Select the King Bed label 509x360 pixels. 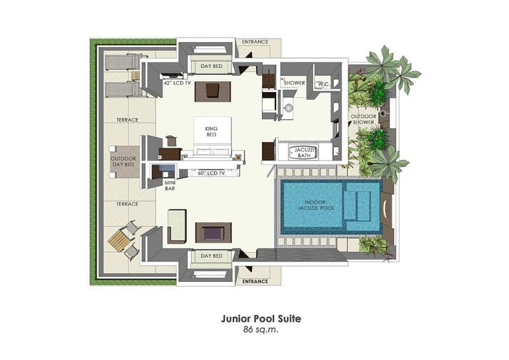coord(211,132)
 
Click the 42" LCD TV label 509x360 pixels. coord(177,83)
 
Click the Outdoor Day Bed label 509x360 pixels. coord(122,161)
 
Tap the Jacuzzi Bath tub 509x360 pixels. coord(300,152)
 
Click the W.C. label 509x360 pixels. coord(323,83)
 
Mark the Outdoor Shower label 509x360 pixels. coord(365,119)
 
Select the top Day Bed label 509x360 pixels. coord(211,66)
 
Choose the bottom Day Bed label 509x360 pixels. coord(211,256)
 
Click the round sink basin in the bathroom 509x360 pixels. coord(289,107)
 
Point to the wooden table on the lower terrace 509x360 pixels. coord(118,240)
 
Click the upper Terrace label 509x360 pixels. coord(128,119)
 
